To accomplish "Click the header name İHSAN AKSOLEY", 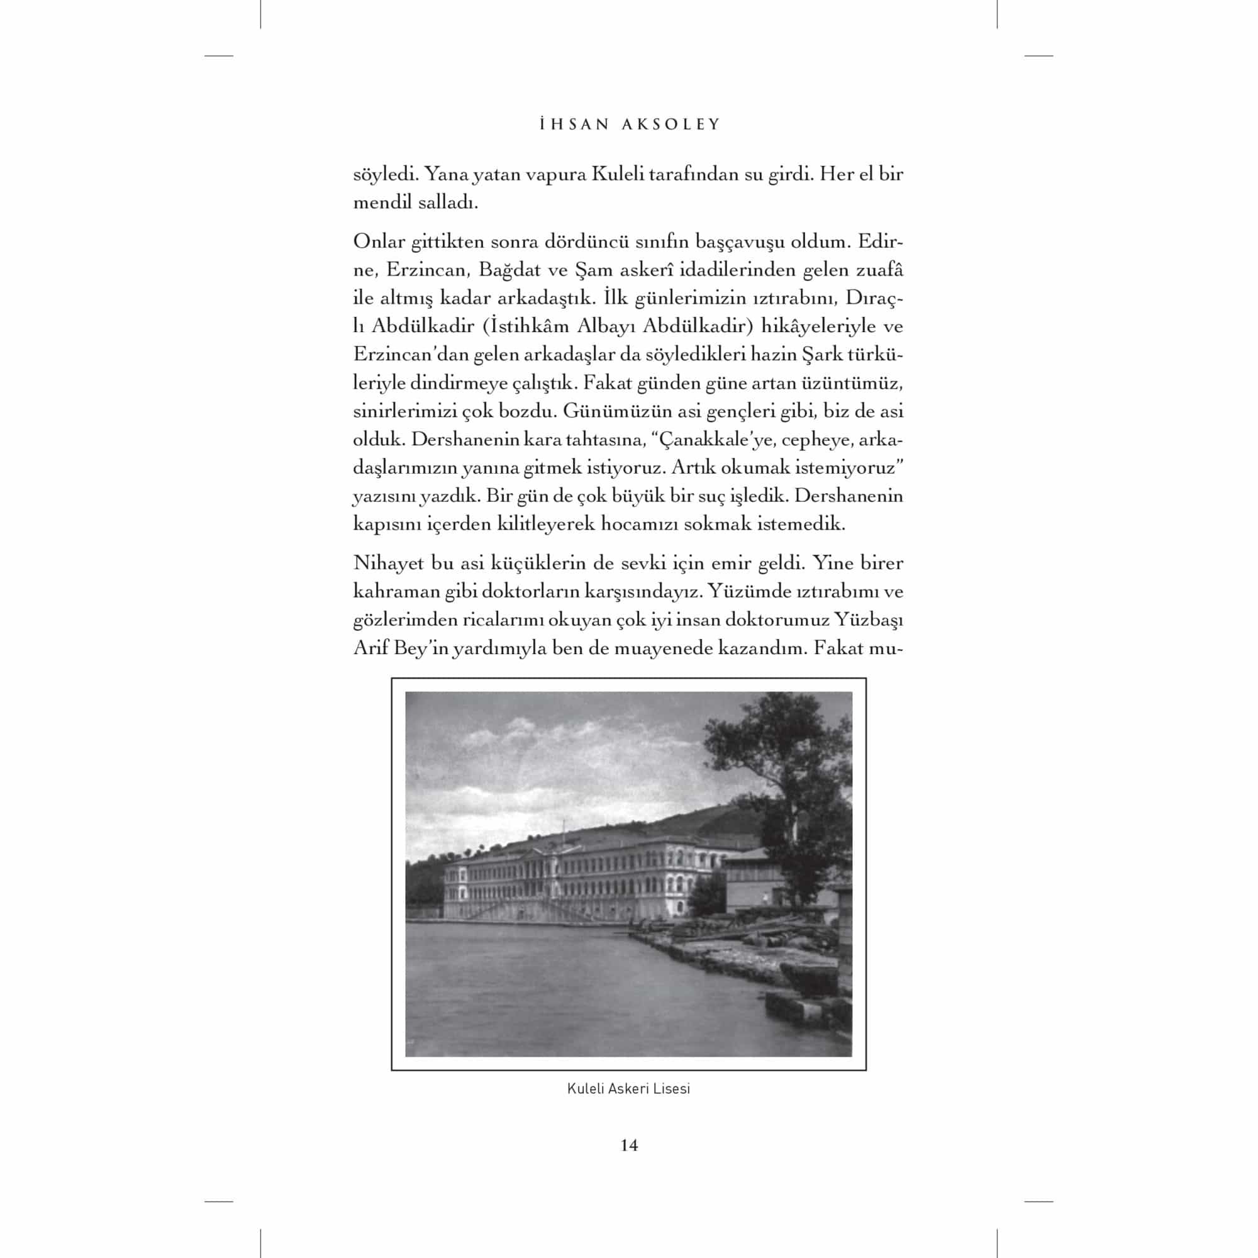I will point(629,125).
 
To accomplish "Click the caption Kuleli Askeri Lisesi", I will point(628,1089).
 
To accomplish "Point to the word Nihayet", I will point(388,563).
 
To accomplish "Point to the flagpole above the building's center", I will point(562,840).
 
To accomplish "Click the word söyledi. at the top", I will point(384,174).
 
